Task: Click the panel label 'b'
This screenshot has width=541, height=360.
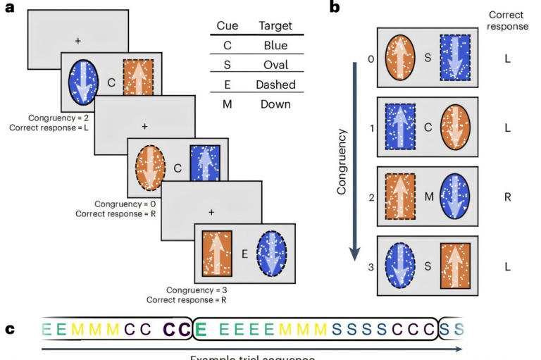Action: coord(335,8)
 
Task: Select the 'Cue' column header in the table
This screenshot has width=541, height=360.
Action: coord(226,26)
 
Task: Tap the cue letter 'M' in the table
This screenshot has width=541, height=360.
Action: coord(226,104)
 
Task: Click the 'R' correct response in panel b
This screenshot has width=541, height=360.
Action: coord(507,197)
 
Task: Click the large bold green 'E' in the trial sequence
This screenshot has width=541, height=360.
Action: coord(200,330)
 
